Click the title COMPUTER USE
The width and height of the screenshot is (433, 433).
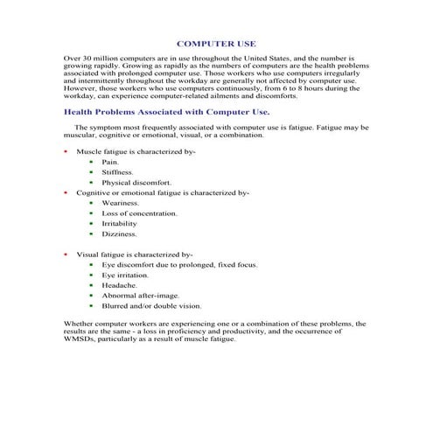click(x=216, y=42)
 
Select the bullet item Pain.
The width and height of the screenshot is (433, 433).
click(x=109, y=162)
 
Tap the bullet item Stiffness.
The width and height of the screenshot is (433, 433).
click(x=117, y=172)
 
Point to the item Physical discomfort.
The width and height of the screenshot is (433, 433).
click(x=130, y=182)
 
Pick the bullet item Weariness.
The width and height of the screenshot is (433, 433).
click(x=120, y=203)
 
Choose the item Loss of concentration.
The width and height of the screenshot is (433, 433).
click(x=139, y=213)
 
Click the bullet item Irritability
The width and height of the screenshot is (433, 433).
click(x=119, y=224)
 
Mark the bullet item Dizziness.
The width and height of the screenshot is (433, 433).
click(x=119, y=234)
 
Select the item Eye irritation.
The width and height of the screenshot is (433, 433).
click(x=125, y=275)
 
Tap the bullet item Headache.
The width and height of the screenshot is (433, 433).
click(x=119, y=285)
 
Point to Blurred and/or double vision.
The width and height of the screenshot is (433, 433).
click(x=151, y=306)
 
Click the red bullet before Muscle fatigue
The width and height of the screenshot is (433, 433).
click(x=67, y=152)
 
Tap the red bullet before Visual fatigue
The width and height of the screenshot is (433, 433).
click(x=67, y=255)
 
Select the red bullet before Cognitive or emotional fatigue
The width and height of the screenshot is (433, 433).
click(x=67, y=192)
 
